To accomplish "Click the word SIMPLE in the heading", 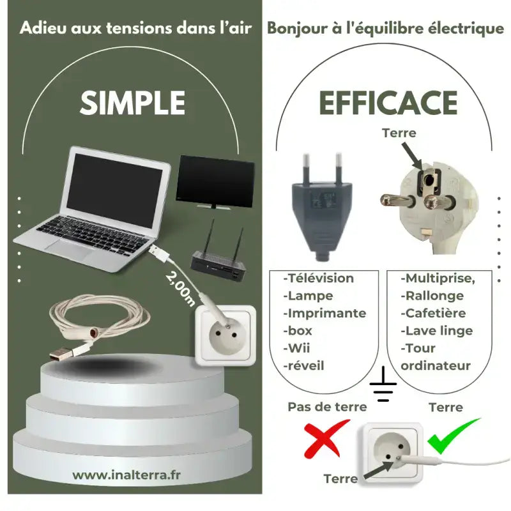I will coord(133,103).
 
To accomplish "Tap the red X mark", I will coord(326,439).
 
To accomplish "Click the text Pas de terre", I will coord(327,407).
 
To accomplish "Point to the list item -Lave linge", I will coord(436,331).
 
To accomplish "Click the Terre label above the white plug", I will coord(399,133).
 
